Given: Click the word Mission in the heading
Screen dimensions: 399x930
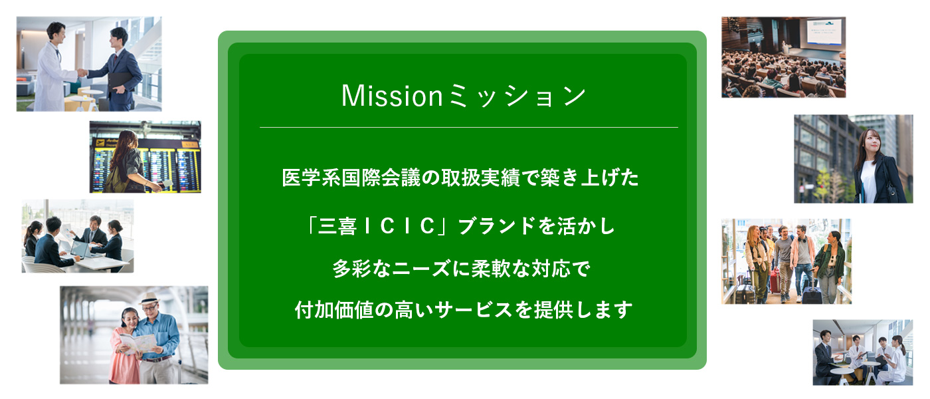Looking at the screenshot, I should [391, 96].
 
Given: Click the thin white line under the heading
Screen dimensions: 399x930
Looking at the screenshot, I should [468, 127].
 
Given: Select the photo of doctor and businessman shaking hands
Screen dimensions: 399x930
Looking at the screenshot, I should [89, 64].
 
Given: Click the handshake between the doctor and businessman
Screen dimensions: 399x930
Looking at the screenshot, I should [82, 72].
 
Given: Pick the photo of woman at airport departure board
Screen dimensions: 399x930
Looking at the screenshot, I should [145, 157].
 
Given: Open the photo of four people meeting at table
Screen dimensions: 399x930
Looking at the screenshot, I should [77, 236].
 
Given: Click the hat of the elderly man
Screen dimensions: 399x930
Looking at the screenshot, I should [150, 299].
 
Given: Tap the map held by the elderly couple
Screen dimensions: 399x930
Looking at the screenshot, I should [137, 343].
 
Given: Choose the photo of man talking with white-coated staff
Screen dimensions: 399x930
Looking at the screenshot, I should [862, 352].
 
